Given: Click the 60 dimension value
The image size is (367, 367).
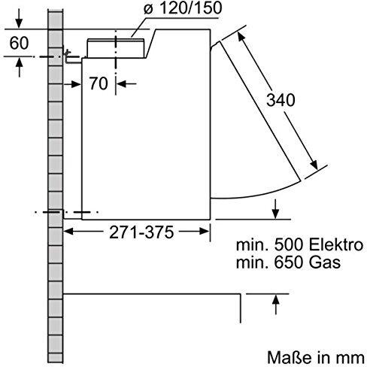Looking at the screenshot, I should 20,44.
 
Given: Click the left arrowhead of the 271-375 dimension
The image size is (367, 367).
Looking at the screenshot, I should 68,232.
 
